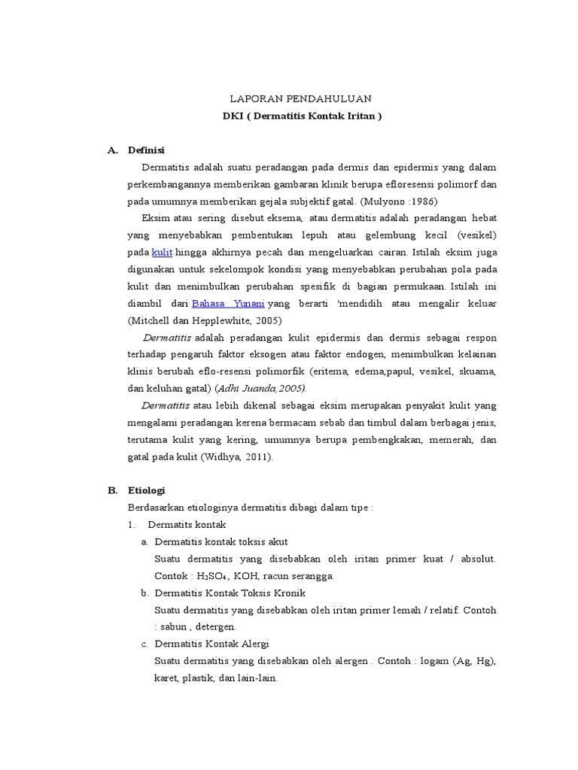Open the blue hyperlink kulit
[162, 253]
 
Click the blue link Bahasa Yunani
[228, 304]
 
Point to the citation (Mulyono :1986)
[398, 202]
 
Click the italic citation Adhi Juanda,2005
[261, 388]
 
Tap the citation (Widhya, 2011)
[237, 456]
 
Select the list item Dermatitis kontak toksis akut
[221, 541]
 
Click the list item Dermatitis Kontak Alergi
[211, 644]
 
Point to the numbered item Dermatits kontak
[187, 524]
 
